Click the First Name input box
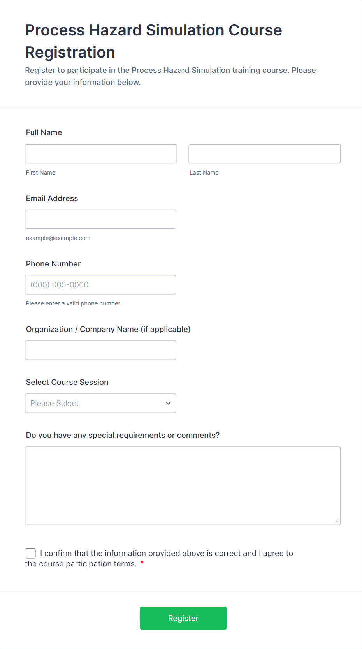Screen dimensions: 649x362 tap(101, 153)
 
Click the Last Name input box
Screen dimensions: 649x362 tap(264, 153)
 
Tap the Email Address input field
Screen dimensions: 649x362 tap(100, 219)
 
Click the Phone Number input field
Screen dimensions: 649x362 tap(100, 285)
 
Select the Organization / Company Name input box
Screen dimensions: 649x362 tap(100, 350)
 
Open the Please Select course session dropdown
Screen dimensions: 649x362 tap(100, 403)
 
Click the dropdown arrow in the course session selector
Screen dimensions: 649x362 tap(168, 403)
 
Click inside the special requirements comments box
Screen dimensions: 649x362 tap(183, 485)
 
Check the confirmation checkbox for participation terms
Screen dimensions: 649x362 tap(31, 553)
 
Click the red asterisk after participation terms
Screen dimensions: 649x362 tap(142, 563)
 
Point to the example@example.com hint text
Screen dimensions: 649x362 tap(58, 238)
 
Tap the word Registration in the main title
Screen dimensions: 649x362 tap(70, 52)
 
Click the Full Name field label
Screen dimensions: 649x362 tap(44, 132)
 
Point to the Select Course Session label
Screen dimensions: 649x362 tap(67, 382)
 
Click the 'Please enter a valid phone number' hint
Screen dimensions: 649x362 tap(74, 303)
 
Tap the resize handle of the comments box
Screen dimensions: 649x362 tap(337, 521)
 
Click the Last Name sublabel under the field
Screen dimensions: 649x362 tap(204, 173)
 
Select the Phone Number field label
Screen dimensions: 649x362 tap(53, 264)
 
